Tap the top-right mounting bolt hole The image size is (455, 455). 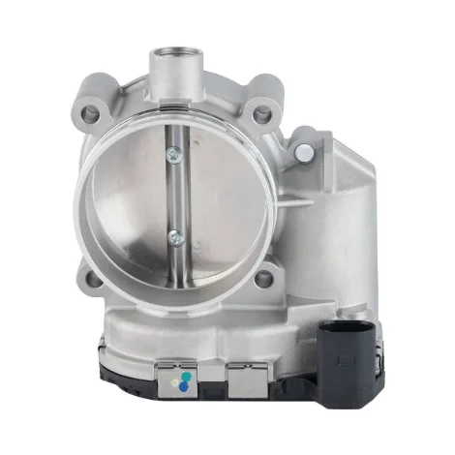pos(261,115)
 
